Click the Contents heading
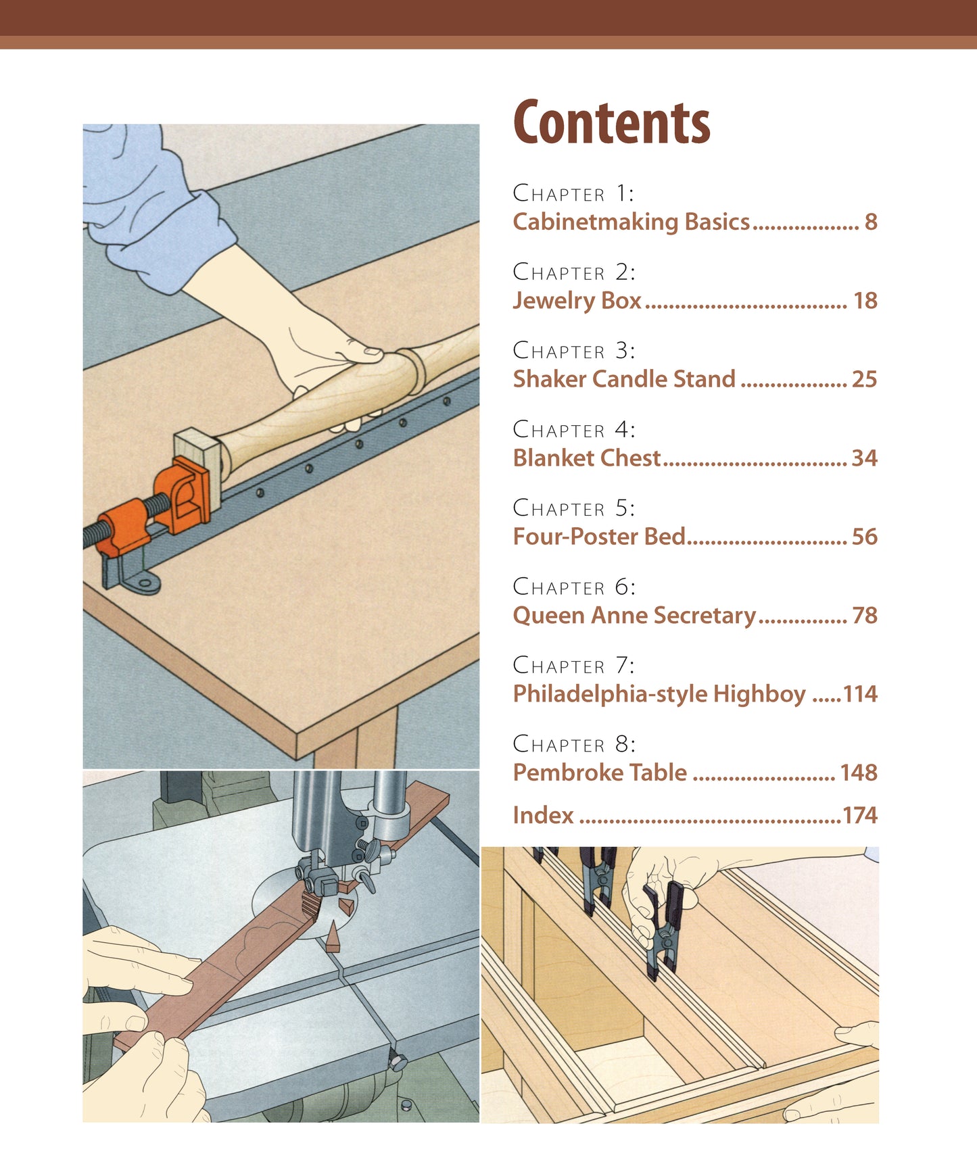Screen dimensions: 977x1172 click(611, 123)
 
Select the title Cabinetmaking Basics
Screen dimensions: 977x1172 click(632, 222)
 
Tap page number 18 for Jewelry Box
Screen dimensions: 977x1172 click(865, 300)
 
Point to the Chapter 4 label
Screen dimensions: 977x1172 click(574, 429)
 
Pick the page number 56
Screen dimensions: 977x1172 click(864, 537)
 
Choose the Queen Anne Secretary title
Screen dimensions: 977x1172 click(634, 616)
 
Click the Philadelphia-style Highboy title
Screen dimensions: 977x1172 click(659, 694)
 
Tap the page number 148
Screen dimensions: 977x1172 click(858, 773)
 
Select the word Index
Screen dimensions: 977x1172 click(543, 815)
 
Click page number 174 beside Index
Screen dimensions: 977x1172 click(860, 815)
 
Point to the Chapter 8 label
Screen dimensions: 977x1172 click(574, 744)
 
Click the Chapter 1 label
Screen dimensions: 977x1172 click(573, 193)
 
